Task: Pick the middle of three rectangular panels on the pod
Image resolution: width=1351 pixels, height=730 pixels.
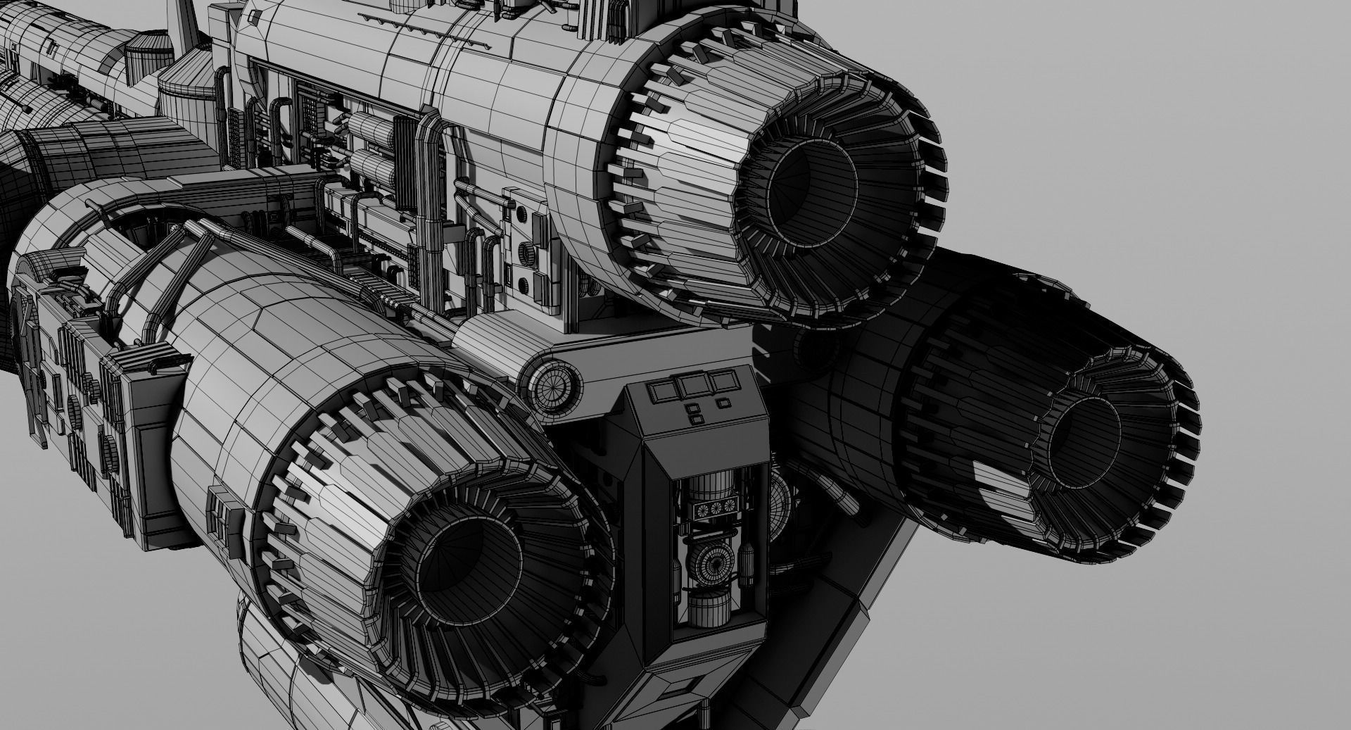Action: coord(690,386)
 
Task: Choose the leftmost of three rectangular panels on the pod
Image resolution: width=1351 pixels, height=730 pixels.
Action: coord(662,389)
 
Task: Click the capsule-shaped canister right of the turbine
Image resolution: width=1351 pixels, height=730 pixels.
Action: coord(749,564)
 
